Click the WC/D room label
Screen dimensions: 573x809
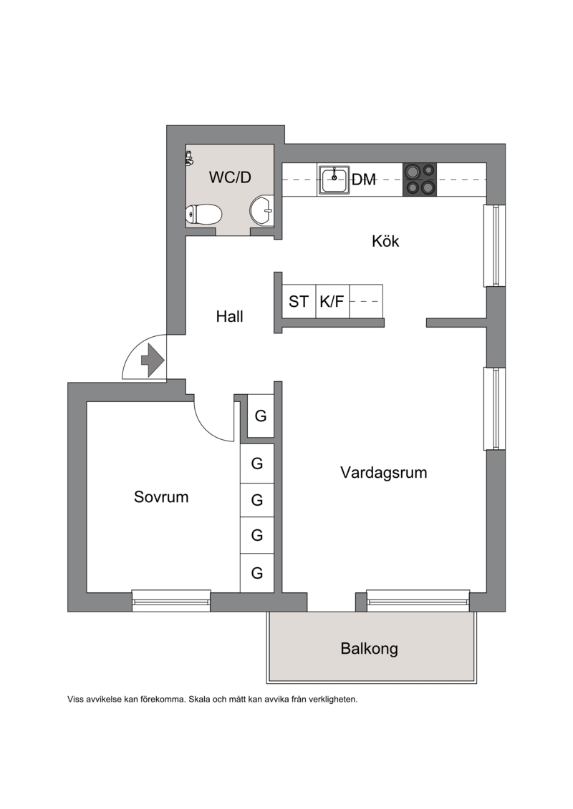[x=230, y=177]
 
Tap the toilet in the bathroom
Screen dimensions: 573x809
[x=203, y=214]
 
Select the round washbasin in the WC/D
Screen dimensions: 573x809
[x=262, y=211]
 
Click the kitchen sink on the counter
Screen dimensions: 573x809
[x=334, y=180]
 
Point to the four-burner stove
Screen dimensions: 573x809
[x=420, y=180]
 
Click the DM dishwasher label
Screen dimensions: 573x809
[x=364, y=180]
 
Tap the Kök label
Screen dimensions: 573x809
[x=385, y=241]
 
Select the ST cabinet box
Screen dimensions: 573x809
[x=299, y=301]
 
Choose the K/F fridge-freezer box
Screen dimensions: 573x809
[x=332, y=301]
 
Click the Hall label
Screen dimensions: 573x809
[x=229, y=316]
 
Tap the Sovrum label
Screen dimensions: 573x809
[x=161, y=497]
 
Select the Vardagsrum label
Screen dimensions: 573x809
[x=384, y=473]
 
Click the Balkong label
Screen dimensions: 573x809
[x=370, y=649]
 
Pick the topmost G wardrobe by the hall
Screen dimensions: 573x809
[x=261, y=416]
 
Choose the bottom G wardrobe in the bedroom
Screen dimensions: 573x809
[x=257, y=573]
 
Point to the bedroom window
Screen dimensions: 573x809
[x=171, y=601]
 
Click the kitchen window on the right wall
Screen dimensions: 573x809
[x=494, y=245]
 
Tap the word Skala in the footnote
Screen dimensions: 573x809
[x=199, y=700]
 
